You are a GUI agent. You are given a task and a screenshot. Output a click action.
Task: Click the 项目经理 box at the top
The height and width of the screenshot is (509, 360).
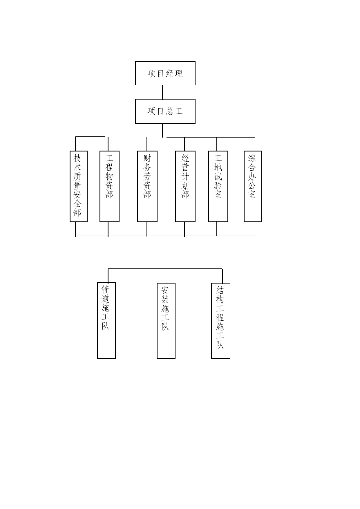tap(165, 73)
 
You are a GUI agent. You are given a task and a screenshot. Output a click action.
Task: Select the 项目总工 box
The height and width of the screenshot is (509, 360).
tap(165, 111)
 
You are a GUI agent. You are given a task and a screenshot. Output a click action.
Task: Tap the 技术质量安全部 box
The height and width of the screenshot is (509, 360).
tap(79, 186)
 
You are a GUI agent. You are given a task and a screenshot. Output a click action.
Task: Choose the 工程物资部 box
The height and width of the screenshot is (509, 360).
tap(109, 186)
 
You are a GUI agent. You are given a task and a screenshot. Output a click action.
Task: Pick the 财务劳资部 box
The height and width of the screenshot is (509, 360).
tap(147, 186)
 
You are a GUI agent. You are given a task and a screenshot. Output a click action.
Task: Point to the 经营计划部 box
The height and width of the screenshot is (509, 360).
tap(185, 186)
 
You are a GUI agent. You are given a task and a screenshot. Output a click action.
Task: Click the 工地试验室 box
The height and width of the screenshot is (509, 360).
tap(218, 186)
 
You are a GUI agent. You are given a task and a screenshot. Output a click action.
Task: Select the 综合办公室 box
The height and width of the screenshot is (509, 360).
tap(253, 186)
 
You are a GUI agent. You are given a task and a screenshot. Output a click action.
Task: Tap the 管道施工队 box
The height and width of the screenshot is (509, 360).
tap(106, 320)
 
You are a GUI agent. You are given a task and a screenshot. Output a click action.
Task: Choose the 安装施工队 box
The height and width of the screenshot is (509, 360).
tap(166, 321)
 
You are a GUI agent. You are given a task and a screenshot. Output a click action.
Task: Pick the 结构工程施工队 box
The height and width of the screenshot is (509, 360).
tap(221, 321)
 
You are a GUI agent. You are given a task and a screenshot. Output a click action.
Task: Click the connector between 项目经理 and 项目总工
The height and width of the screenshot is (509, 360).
tap(162, 92)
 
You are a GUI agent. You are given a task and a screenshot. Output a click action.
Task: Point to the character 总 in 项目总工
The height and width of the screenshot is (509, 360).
tap(169, 111)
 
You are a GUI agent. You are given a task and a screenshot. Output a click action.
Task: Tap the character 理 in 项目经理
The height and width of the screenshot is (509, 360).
tap(179, 73)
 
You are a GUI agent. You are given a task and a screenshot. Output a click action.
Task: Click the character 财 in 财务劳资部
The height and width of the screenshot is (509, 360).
tap(147, 158)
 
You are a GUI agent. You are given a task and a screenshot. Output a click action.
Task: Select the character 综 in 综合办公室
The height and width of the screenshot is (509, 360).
tap(252, 158)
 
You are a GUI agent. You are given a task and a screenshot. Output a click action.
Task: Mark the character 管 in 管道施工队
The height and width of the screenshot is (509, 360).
tap(105, 290)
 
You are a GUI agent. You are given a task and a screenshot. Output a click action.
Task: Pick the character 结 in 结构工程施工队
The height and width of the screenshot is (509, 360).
tap(220, 290)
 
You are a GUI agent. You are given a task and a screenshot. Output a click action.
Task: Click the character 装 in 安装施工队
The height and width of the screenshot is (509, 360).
tap(165, 299)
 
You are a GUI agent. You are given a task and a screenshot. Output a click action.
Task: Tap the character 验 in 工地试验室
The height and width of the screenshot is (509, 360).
tap(218, 185)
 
